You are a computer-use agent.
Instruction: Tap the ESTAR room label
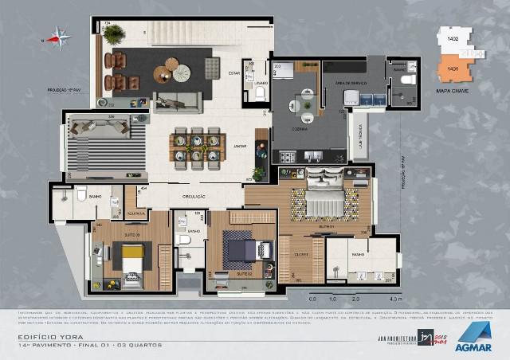pyautogui.click(x=233, y=72)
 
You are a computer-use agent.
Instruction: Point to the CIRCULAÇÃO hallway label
pyautogui.click(x=194, y=196)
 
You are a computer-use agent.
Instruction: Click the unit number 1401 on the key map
pyautogui.click(x=452, y=70)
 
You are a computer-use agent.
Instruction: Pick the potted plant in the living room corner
pyautogui.click(x=113, y=33)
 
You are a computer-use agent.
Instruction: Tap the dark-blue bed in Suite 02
pyautogui.click(x=241, y=249)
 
